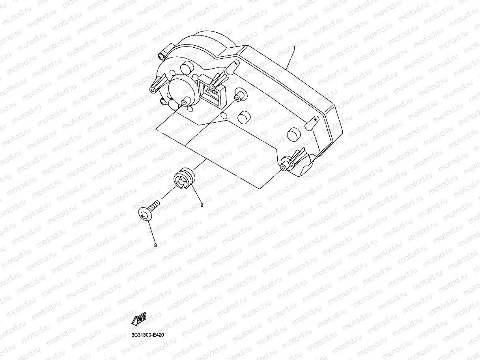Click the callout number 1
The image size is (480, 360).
pos(294,48)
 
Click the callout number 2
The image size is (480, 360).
pos(202,205)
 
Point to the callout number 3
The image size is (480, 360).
pos(155,245)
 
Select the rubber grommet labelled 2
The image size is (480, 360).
pos(184,180)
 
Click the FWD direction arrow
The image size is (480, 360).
pos(139,319)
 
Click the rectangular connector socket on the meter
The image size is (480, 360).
pos(212,90)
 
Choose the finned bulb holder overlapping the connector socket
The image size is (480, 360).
pos(218,80)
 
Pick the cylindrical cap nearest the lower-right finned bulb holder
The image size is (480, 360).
pos(293,134)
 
